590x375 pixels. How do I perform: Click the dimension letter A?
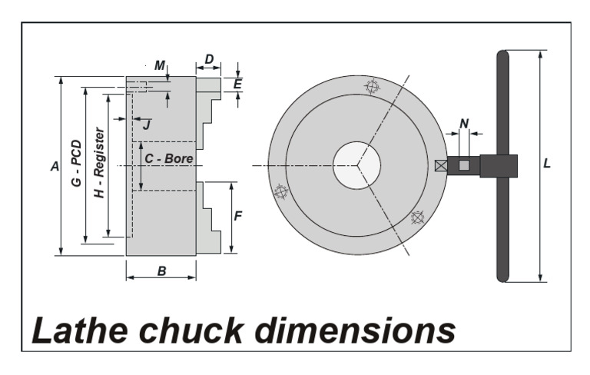tap(54, 165)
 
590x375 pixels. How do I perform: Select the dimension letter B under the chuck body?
tap(161, 270)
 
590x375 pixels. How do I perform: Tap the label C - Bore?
tap(169, 158)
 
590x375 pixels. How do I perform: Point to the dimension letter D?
tap(209, 60)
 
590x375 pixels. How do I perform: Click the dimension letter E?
tap(238, 84)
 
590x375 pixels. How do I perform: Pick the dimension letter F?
tap(238, 216)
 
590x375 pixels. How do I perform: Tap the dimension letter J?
tap(147, 124)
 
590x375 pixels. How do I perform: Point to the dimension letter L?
tap(546, 164)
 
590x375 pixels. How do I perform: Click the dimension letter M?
tap(159, 66)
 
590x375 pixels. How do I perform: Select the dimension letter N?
tap(463, 123)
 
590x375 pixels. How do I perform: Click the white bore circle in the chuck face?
tap(357, 164)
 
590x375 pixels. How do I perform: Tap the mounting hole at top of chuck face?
tap(373, 86)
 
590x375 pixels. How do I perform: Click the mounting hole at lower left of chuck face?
tap(281, 191)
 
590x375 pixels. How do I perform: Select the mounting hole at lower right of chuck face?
tap(417, 217)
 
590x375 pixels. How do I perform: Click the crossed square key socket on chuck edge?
tap(440, 166)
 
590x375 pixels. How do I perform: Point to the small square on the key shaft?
tap(463, 165)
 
